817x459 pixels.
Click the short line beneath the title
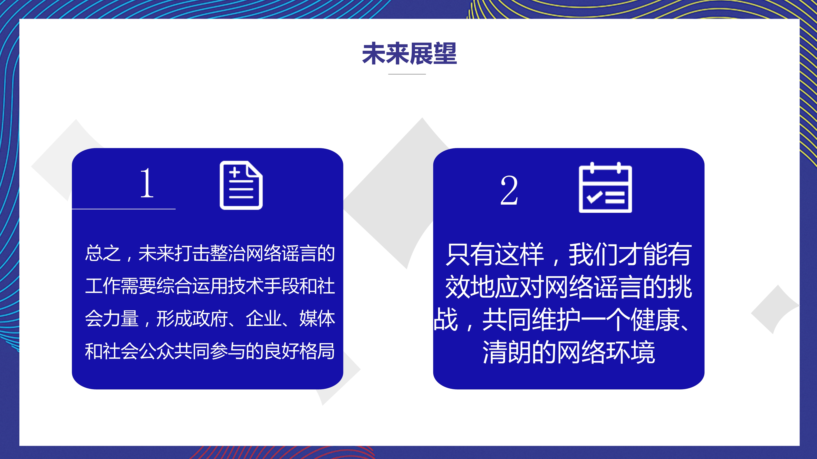[407, 74]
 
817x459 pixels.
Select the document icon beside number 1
[241, 185]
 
